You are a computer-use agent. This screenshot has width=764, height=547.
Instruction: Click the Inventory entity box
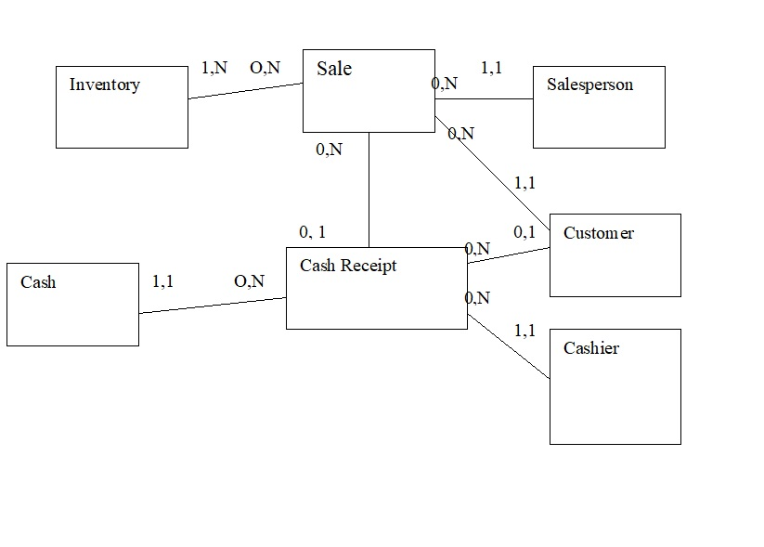(x=122, y=107)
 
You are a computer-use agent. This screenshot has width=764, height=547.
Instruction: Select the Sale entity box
(x=369, y=91)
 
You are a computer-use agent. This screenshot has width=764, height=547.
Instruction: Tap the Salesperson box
(x=599, y=107)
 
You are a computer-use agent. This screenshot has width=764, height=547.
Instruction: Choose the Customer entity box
(x=615, y=255)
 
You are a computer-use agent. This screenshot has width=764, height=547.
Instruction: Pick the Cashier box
(x=615, y=386)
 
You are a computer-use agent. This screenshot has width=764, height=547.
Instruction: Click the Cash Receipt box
(x=376, y=288)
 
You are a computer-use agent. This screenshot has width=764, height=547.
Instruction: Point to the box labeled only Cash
(x=72, y=305)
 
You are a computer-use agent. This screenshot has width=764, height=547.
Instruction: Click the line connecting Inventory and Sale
(x=246, y=91)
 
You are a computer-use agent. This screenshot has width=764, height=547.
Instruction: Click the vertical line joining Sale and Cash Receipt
(x=369, y=189)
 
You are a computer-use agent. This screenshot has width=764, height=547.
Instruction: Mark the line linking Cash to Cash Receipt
(x=213, y=306)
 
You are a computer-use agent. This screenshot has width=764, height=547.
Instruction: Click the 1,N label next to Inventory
(x=214, y=68)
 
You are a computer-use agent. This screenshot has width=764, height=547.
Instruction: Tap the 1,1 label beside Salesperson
(x=491, y=68)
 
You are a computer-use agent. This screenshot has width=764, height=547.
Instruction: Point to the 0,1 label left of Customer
(x=524, y=232)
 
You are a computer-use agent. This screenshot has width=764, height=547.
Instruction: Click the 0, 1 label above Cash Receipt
(x=312, y=232)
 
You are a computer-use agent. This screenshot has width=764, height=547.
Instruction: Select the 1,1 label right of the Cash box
(x=162, y=281)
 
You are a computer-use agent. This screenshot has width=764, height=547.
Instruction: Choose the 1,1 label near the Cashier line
(x=524, y=331)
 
